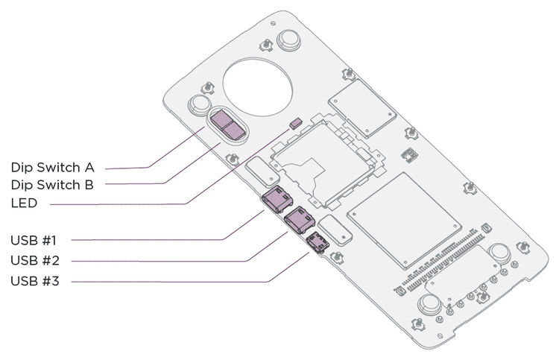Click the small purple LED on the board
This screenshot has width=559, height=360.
(295, 122)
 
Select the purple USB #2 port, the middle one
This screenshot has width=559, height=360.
(299, 220)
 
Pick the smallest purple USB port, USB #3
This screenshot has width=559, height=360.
(317, 241)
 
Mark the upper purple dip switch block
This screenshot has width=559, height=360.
(223, 119)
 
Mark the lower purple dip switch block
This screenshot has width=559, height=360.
(236, 131)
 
